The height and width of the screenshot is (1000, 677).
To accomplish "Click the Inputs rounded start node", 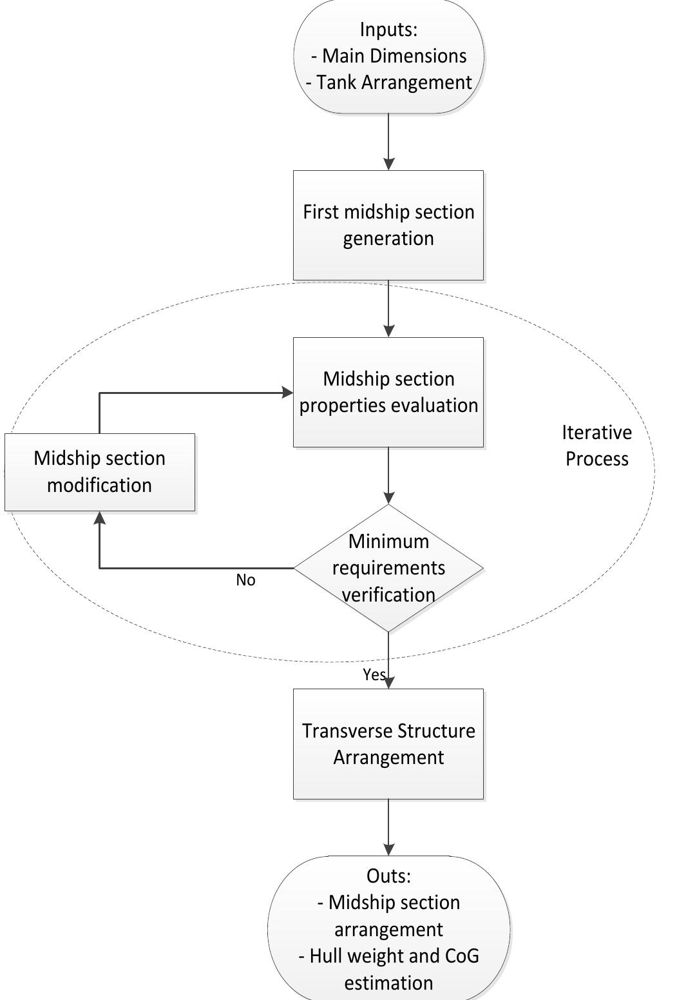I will pos(388,56).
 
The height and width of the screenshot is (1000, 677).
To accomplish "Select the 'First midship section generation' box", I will pos(388,225).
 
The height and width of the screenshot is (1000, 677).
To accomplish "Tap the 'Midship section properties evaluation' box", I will pos(388,392).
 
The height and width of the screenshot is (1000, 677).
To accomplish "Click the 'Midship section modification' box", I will pos(100,472).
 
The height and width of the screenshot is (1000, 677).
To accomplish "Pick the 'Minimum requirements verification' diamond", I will pos(388,567).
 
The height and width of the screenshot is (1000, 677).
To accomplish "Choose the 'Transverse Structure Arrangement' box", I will pos(388,744).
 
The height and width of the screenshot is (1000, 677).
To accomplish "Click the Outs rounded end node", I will pos(388,928).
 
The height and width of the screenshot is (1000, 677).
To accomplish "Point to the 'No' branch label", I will pos(245,580).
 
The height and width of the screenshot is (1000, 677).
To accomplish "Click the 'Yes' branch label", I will pos(374,674).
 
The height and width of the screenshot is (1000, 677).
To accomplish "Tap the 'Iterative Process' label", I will pos(596,446).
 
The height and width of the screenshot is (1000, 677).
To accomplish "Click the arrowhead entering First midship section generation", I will pos(388,164).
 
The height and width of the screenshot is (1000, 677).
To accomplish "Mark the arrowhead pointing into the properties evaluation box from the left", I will pos(287,393).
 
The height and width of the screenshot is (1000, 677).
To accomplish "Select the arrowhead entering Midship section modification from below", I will pos(99,518).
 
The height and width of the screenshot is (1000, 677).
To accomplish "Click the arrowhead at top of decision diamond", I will pos(388,497).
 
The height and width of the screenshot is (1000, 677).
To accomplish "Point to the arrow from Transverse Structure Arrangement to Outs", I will pos(388,828).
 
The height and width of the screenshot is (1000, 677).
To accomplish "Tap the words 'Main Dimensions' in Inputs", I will pos(394,56).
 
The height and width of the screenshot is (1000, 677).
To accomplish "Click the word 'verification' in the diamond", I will pos(388,594).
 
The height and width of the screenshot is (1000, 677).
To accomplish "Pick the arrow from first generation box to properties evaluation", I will pos(388,308).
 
